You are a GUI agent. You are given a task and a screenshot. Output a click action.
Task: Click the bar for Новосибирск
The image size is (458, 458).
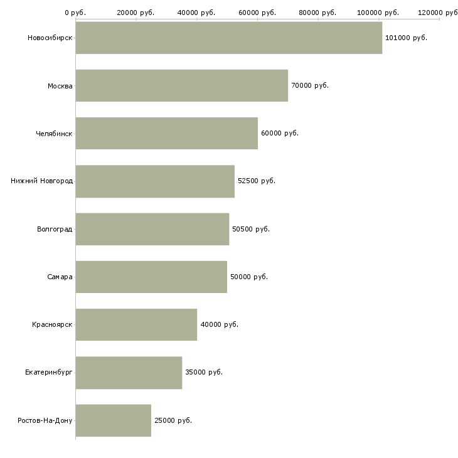229,38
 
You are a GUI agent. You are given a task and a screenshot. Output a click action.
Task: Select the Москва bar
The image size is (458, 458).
182,85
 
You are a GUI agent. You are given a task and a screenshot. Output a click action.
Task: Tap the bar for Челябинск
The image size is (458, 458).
167,134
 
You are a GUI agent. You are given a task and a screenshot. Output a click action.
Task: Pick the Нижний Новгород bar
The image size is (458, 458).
155,181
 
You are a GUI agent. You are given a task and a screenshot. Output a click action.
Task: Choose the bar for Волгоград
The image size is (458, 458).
152,229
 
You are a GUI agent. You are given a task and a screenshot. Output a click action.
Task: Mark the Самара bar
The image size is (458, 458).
151,277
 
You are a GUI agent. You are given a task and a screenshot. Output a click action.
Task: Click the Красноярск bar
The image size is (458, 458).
136,324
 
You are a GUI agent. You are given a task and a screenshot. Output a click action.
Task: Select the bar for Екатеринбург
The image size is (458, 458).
129,373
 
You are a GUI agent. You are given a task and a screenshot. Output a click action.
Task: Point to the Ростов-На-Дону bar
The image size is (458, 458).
114,420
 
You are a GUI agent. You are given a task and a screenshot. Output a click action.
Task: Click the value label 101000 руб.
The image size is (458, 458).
406,38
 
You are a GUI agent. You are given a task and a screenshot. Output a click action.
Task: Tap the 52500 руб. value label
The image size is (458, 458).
257,181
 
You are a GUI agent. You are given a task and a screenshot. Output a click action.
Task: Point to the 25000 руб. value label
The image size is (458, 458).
173,420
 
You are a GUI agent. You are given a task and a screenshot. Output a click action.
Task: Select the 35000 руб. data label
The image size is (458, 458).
204,372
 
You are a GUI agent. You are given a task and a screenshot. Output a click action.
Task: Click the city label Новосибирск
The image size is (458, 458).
50,38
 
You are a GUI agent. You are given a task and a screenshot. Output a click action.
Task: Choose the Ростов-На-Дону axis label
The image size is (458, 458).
45,420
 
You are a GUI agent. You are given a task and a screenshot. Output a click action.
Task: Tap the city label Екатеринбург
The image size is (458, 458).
48,373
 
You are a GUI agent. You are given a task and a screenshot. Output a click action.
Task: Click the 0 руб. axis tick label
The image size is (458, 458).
75,13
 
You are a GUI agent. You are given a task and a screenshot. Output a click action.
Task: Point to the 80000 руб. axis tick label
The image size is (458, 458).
317,13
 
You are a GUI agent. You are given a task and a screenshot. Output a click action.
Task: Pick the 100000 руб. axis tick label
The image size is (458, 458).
378,13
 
